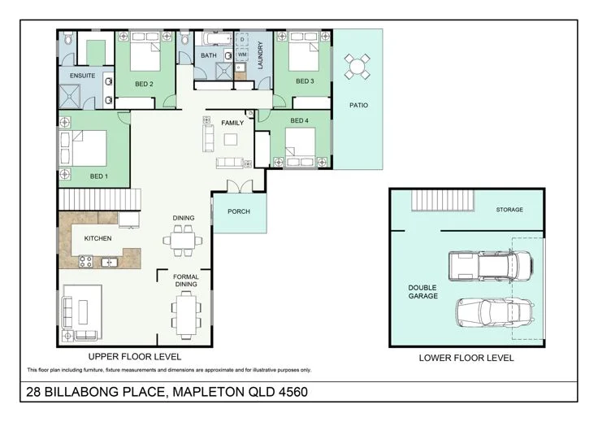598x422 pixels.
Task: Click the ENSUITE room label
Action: tap(82, 76)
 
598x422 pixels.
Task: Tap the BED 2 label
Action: tap(144, 84)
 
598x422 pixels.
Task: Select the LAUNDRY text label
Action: tap(261, 55)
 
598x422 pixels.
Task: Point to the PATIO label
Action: tap(358, 105)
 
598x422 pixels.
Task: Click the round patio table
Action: tap(357, 67)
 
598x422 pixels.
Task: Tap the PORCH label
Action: tap(239, 211)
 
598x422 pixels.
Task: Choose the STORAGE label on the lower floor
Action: tap(509, 210)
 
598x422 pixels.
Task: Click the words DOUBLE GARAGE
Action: tap(422, 292)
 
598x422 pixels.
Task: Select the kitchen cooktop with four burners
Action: tap(85, 261)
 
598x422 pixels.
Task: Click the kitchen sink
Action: tap(109, 262)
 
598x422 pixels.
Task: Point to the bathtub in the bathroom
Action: tap(217, 38)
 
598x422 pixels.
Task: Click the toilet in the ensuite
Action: tap(68, 39)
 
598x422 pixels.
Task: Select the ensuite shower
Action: tap(70, 97)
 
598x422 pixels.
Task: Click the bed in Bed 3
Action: tap(304, 52)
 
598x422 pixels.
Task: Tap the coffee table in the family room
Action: tap(231, 140)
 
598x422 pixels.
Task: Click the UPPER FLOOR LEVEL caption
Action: tap(135, 357)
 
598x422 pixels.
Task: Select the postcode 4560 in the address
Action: tap(292, 392)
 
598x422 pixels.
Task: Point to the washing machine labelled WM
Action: tap(242, 54)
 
